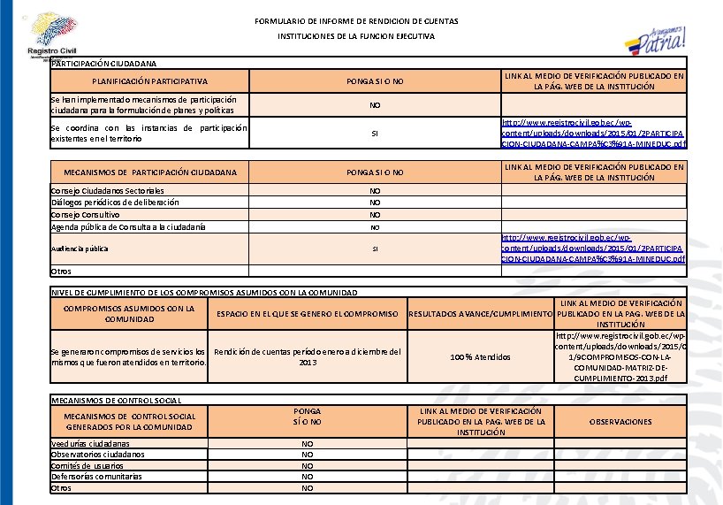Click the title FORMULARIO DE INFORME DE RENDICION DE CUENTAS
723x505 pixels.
coord(356,20)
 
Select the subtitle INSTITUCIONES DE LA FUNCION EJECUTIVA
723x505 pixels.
coord(356,37)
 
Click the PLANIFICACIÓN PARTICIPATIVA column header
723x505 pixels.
coord(149,81)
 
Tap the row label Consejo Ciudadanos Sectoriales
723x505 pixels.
coord(108,190)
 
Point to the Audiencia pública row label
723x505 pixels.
coord(80,249)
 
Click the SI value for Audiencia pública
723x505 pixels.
coord(375,249)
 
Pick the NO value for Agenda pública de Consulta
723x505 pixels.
coord(375,227)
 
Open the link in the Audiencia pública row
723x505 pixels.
coord(593,249)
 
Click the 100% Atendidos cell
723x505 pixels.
coord(480,357)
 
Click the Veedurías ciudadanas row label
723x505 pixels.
coord(90,443)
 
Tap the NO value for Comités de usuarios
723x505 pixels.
coord(307,465)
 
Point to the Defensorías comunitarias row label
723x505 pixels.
coord(96,476)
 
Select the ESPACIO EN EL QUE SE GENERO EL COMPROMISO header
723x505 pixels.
coord(308,314)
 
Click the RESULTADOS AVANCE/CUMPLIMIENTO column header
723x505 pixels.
coord(481,314)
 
